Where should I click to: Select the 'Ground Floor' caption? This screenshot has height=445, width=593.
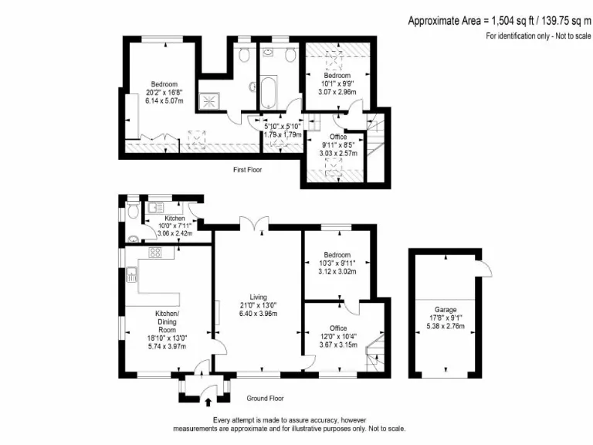click(265, 399)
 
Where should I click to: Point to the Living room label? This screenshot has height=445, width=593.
click(258, 296)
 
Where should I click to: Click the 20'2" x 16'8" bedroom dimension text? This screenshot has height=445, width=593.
click(164, 93)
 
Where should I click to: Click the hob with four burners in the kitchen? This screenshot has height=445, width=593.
click(154, 252)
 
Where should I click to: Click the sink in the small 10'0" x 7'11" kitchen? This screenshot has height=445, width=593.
click(154, 207)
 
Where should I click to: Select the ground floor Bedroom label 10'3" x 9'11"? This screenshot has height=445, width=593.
click(337, 263)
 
